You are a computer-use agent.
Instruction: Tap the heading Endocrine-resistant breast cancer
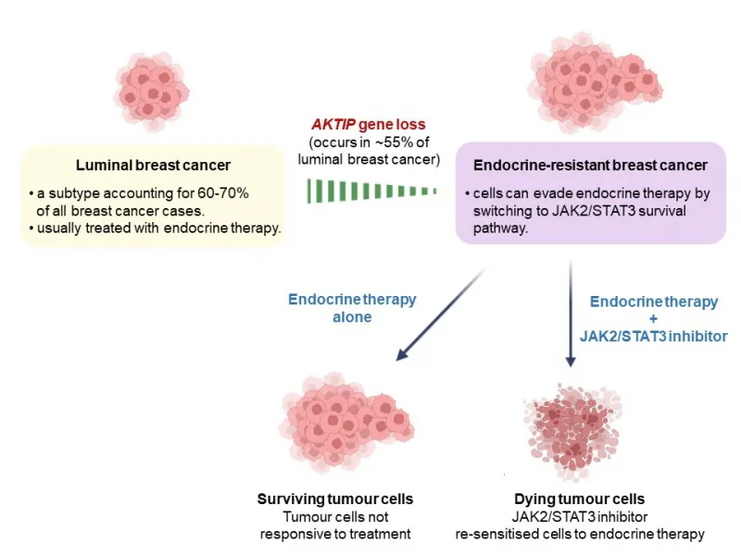pos(590,166)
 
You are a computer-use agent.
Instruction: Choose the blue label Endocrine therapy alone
pos(351,308)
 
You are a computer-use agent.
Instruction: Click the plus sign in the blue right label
pos(654,319)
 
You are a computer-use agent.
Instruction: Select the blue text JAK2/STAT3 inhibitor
pos(654,337)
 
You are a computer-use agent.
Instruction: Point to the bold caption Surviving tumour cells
pos(334,499)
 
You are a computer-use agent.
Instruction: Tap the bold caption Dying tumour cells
pos(580,499)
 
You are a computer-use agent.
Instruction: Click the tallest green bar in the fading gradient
pos(311,191)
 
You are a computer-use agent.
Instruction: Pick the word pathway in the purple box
pos(499,227)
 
